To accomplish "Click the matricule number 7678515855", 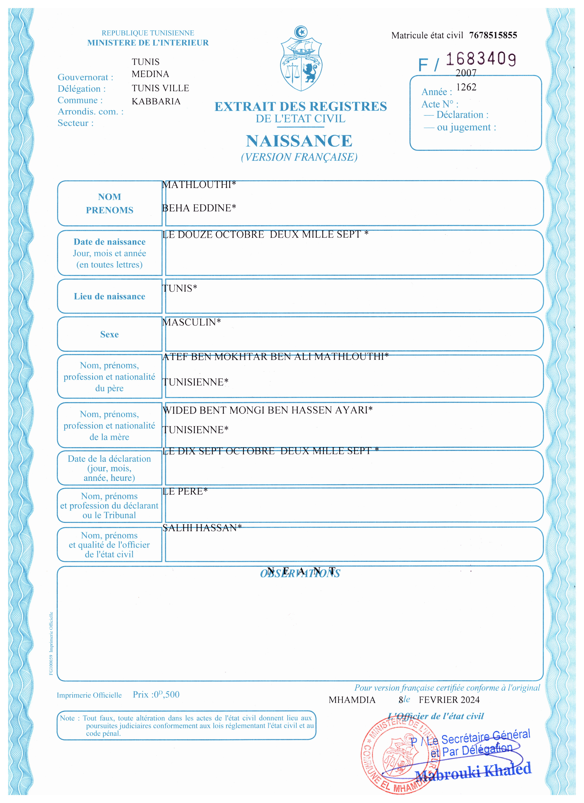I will (x=493, y=35).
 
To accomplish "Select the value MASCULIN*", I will (x=191, y=322).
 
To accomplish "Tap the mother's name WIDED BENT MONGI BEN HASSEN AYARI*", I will (x=267, y=410).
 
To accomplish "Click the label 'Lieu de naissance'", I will (x=109, y=296).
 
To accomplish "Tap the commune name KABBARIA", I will (x=156, y=101).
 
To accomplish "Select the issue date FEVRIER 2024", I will (x=449, y=700).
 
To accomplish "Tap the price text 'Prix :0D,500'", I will (x=156, y=695).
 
